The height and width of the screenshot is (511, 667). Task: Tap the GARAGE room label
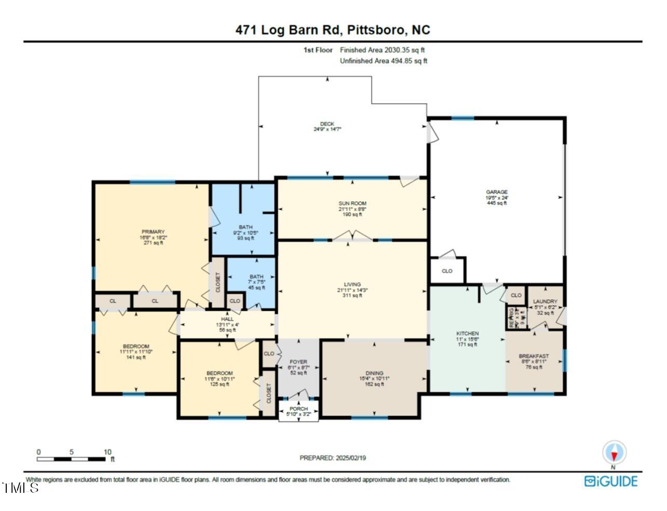point(496,192)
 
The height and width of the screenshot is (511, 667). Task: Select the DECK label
point(327,123)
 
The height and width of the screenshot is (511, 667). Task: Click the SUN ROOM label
point(352,203)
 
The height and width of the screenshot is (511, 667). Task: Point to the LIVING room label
point(352,284)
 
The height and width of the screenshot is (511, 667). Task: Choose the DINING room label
point(374,373)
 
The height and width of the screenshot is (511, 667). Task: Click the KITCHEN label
point(467,334)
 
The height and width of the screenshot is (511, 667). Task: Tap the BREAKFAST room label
point(534,356)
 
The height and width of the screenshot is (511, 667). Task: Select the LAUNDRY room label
point(545,301)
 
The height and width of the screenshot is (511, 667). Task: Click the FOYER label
point(298,362)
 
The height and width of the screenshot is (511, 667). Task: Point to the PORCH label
point(298,409)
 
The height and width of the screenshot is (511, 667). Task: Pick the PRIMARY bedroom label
point(153,232)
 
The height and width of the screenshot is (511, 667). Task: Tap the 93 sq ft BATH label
point(246,227)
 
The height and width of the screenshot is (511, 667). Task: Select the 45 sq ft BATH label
point(256,277)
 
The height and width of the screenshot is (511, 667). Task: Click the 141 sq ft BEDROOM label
point(136,347)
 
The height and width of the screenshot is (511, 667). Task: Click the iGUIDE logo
point(610,481)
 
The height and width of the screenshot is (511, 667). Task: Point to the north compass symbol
point(614,453)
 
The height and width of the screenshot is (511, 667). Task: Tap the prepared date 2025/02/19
point(333,458)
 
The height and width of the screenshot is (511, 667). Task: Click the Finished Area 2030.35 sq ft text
point(382,50)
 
